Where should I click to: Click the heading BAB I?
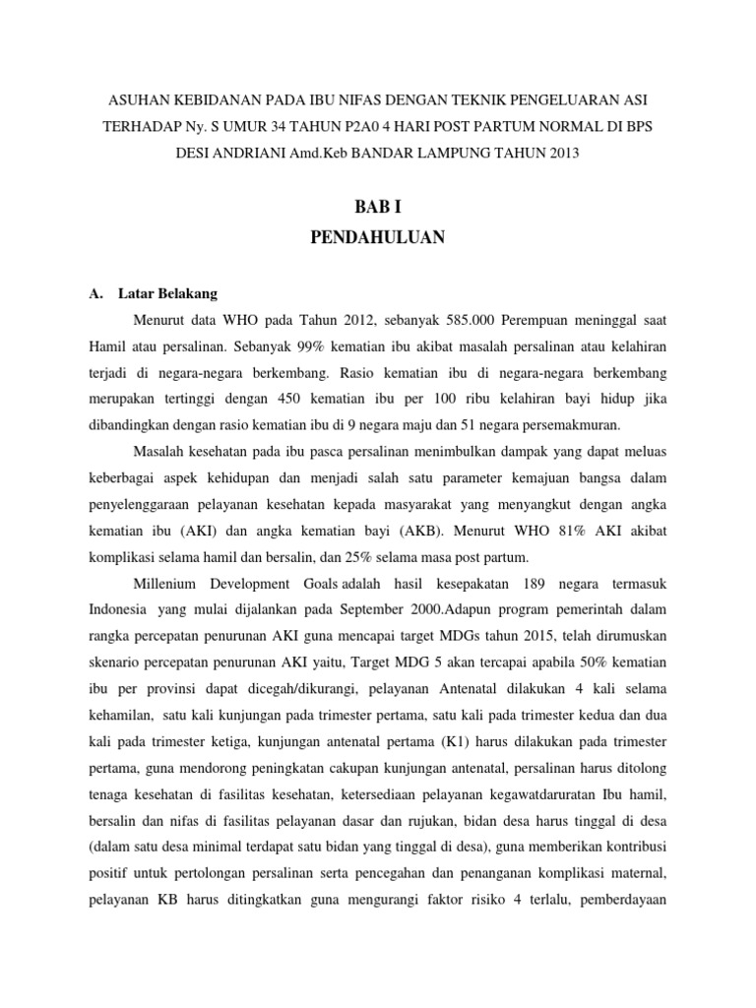[378, 207]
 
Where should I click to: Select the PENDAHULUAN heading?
[378, 237]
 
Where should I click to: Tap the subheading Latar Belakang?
[168, 293]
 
